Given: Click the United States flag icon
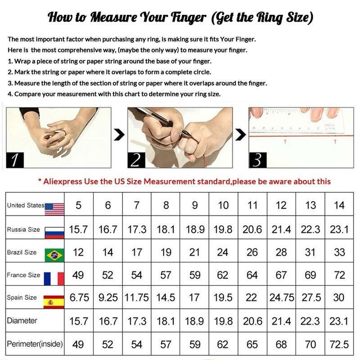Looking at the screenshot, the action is click(x=54, y=209).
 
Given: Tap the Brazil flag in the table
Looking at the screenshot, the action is click(x=54, y=255).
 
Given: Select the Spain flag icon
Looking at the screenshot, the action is click(x=54, y=302).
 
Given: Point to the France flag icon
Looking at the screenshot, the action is click(x=54, y=279).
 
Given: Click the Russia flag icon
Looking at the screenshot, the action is click(x=54, y=233).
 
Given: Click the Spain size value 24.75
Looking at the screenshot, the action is click(x=282, y=297).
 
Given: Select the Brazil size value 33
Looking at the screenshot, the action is click(x=339, y=252).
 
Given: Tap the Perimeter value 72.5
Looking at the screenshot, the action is click(x=339, y=344).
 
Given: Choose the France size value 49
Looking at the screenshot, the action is click(x=78, y=275).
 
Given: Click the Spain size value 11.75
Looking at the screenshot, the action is click(x=137, y=297).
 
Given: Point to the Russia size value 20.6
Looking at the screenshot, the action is click(x=252, y=229).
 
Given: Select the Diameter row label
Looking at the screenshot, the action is click(x=22, y=320).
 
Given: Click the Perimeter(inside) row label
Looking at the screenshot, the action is click(x=35, y=344).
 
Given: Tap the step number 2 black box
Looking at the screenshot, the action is click(x=136, y=160).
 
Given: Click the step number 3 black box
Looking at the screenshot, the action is click(x=257, y=160).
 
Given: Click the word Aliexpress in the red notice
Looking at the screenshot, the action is click(x=63, y=182).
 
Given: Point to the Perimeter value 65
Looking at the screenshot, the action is click(x=252, y=344).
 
